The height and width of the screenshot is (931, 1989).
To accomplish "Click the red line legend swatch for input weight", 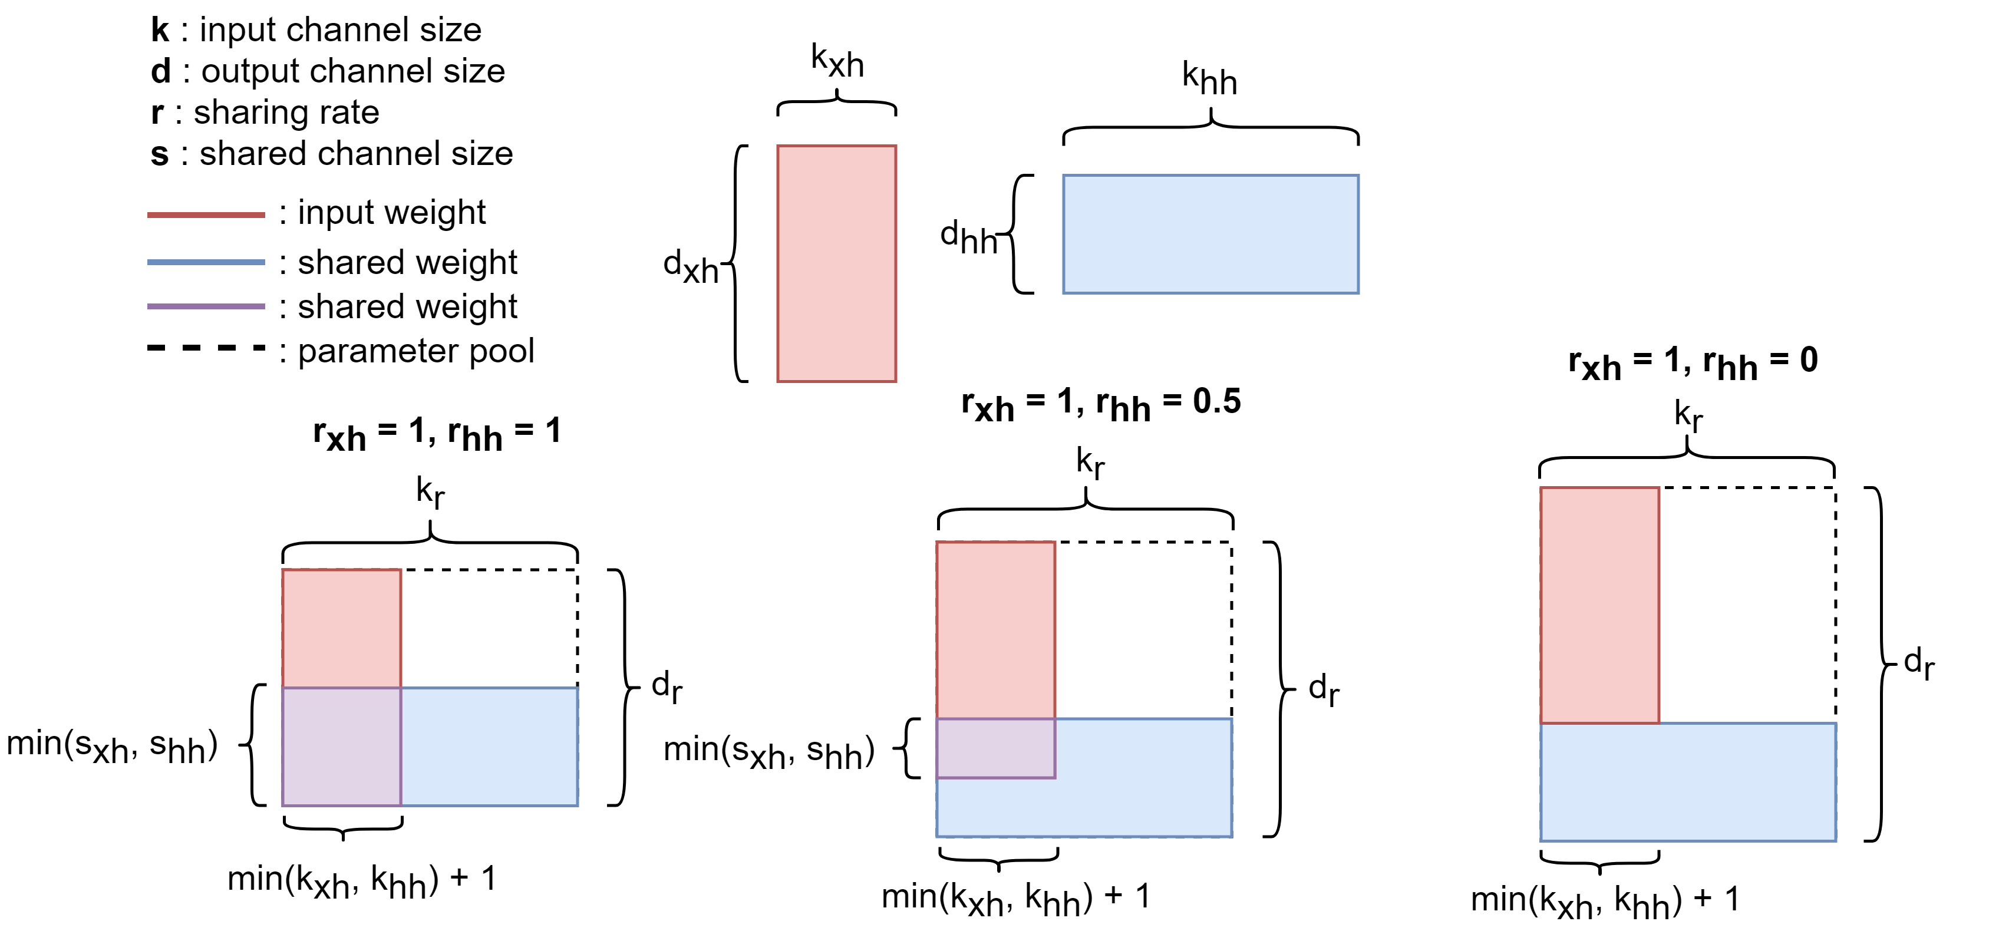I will (206, 214).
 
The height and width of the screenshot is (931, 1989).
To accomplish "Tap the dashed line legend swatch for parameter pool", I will (206, 348).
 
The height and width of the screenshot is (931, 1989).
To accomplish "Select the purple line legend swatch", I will (206, 306).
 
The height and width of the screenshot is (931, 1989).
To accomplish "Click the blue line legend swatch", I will (206, 262).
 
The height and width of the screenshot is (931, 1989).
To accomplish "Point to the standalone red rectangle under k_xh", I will (836, 263).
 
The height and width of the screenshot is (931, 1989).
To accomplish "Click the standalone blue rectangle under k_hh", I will (1210, 234).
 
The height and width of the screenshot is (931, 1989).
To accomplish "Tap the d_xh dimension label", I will (690, 266).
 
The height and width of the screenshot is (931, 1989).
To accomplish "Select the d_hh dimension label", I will (968, 236).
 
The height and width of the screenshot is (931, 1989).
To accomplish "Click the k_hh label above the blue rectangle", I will (1209, 79).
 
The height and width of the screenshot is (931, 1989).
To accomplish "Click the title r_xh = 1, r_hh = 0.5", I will (1100, 404).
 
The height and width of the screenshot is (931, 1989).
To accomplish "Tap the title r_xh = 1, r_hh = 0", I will (1693, 363).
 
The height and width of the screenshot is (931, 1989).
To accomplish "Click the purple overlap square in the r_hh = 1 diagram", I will (341, 747).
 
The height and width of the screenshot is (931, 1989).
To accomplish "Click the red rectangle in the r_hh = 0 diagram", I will (1599, 605).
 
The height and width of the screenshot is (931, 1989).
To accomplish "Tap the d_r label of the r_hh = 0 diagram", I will (1918, 662).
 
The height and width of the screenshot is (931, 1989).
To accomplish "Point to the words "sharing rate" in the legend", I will (286, 113).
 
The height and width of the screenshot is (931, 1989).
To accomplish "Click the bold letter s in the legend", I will (159, 154).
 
